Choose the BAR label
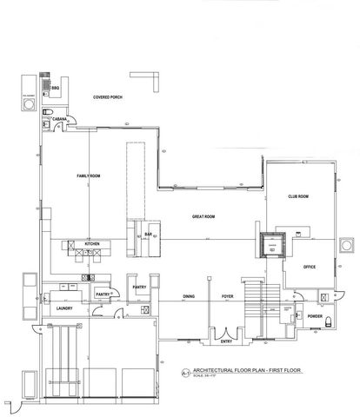tap(149, 235)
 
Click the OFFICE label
tap(308, 268)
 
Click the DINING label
tap(188, 297)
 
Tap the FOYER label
tap(228, 297)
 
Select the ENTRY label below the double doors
tap(227, 341)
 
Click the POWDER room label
tap(315, 316)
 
